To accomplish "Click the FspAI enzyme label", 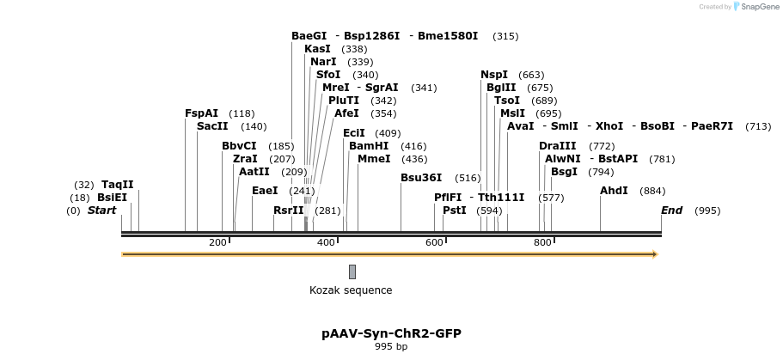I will [x=201, y=113].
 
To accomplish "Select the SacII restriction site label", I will [x=212, y=126].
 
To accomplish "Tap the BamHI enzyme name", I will [x=369, y=146].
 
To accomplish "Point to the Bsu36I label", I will [x=421, y=178].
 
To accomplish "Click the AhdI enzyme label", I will [x=614, y=191].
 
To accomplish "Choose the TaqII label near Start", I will [x=117, y=185].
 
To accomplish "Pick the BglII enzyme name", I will [x=501, y=88].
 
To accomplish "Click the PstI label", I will [x=455, y=211].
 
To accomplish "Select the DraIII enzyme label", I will [x=558, y=146].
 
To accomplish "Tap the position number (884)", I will [x=653, y=191].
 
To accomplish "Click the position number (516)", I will [x=468, y=178].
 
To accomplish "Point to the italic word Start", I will [x=101, y=211].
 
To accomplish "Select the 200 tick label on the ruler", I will [x=217, y=242].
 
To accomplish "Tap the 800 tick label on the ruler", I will [x=542, y=242].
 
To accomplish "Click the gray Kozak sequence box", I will [x=352, y=272].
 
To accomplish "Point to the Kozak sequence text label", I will [x=351, y=290].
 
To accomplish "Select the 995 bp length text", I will [x=391, y=347].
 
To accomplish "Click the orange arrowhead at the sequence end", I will [x=655, y=254].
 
